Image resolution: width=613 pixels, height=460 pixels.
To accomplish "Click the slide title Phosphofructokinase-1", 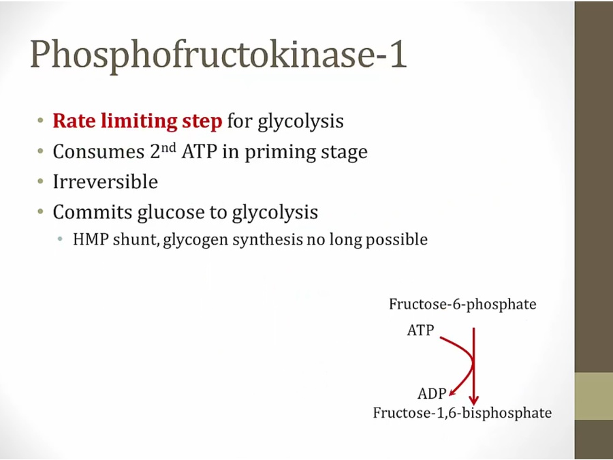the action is [x=219, y=55].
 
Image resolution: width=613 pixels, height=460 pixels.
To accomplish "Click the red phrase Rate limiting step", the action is [x=137, y=121].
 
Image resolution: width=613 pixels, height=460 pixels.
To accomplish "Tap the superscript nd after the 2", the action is [x=168, y=147].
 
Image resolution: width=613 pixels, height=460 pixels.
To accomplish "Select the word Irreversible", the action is [x=105, y=181].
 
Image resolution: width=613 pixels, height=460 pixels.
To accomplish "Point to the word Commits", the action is [x=92, y=212].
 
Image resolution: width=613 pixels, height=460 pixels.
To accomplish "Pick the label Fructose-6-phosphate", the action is [x=462, y=305].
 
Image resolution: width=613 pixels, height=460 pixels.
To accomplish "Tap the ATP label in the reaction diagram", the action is [x=420, y=330].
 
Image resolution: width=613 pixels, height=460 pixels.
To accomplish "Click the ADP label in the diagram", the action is [x=432, y=393].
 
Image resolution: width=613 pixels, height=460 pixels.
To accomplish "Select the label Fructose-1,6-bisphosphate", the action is [x=462, y=413].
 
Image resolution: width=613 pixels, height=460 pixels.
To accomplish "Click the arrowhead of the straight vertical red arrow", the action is [x=474, y=401].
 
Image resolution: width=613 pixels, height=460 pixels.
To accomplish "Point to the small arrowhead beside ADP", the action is [x=452, y=393].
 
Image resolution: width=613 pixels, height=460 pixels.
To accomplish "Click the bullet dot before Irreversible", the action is [x=40, y=181].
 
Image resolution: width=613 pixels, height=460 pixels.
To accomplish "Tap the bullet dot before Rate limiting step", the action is [x=40, y=120].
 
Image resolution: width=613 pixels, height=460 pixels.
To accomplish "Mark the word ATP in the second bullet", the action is [x=199, y=151].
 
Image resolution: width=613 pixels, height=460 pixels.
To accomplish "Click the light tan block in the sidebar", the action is [x=594, y=396].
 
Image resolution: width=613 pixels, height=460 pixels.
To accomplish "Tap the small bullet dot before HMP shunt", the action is [x=60, y=239].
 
